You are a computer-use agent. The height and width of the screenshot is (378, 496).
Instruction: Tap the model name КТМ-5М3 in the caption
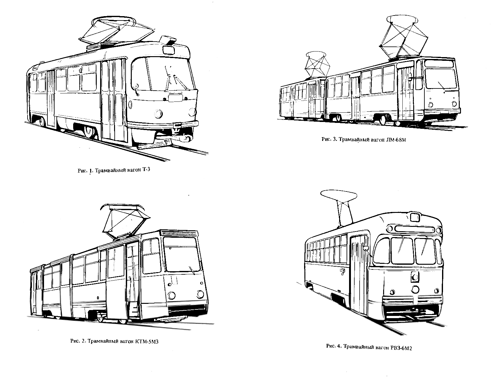(x=147, y=341)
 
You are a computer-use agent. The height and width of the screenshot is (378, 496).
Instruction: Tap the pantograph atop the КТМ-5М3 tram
(x=126, y=221)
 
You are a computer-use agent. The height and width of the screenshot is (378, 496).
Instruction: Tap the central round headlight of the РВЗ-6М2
(x=415, y=289)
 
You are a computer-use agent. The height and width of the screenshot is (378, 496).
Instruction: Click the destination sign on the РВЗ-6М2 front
(x=414, y=229)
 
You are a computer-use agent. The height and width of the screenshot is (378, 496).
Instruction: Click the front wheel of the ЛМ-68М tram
(x=383, y=120)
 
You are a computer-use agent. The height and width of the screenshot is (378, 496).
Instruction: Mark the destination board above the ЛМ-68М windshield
(x=439, y=64)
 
